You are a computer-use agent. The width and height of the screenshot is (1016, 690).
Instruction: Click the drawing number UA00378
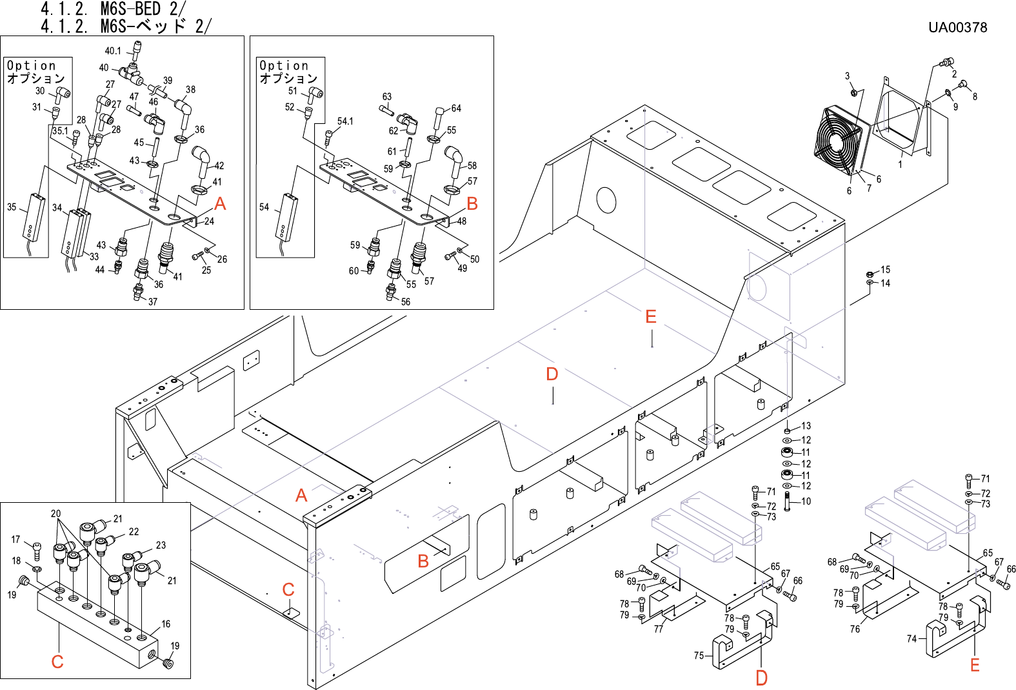pyautogui.click(x=957, y=27)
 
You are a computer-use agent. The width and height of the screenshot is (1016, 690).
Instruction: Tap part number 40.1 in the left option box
pyautogui.click(x=113, y=51)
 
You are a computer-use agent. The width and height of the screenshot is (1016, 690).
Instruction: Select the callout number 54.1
pyautogui.click(x=345, y=121)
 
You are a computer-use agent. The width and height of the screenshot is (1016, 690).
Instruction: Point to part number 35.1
pyautogui.click(x=60, y=131)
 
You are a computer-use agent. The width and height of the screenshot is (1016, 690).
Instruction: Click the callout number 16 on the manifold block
pyautogui.click(x=166, y=624)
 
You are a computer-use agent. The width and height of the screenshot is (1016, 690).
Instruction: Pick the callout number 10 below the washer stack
pyautogui.click(x=806, y=501)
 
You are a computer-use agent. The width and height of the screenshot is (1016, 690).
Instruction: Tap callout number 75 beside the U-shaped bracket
pyautogui.click(x=699, y=656)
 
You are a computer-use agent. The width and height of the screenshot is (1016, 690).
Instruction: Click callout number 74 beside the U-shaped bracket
pyautogui.click(x=911, y=639)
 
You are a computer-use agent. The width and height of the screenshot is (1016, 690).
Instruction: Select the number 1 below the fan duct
pyautogui.click(x=900, y=165)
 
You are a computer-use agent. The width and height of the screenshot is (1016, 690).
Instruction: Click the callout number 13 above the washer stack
pyautogui.click(x=806, y=426)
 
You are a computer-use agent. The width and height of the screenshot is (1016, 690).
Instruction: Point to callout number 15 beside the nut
pyautogui.click(x=885, y=270)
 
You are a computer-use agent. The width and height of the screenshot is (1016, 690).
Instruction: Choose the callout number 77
pyautogui.click(x=659, y=629)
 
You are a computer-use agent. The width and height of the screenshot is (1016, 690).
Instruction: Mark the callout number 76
pyautogui.click(x=855, y=629)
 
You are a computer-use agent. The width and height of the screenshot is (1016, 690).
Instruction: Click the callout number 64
pyautogui.click(x=456, y=108)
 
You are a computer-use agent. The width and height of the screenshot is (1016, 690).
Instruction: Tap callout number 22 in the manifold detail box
pyautogui.click(x=134, y=532)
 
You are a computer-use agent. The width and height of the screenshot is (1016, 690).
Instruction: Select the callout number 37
pyautogui.click(x=153, y=302)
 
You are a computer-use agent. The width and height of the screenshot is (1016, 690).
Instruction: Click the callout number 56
pyautogui.click(x=406, y=302)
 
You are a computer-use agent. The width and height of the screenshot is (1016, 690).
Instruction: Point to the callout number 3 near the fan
pyautogui.click(x=847, y=76)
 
